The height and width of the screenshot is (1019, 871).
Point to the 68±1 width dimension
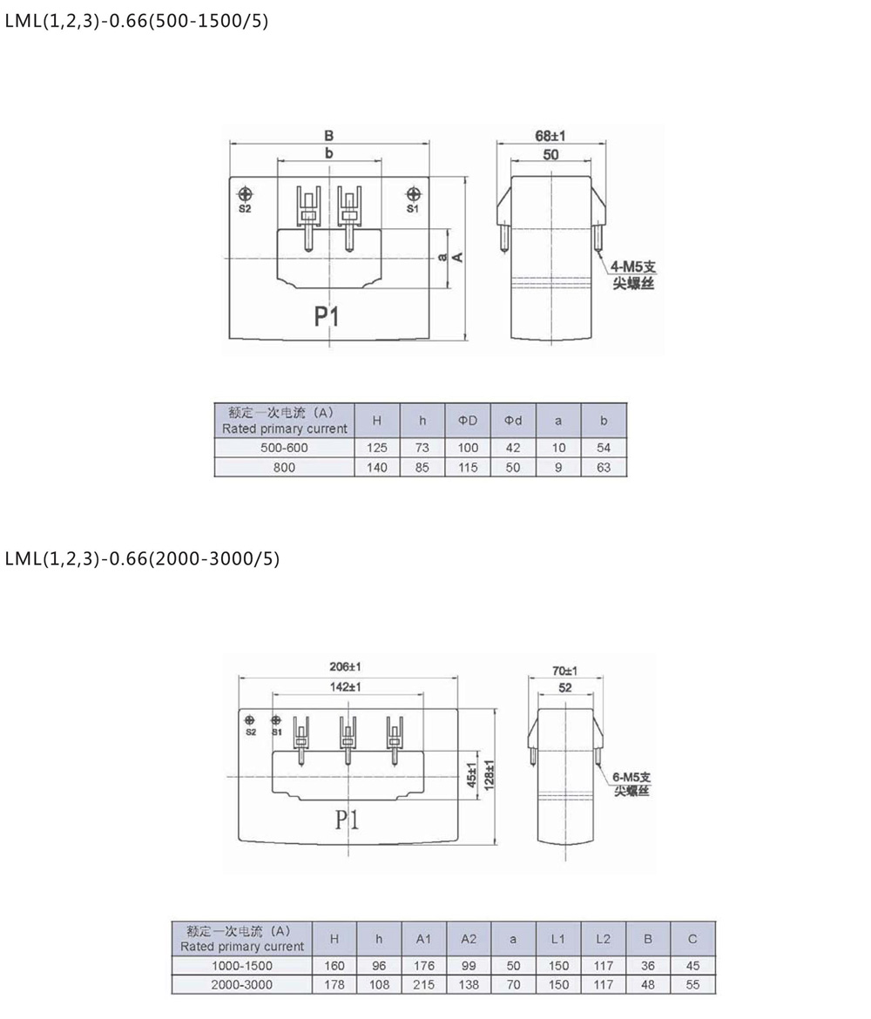[550, 135]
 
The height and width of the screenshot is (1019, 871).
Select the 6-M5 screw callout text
[631, 784]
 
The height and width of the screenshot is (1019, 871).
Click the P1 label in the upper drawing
[327, 316]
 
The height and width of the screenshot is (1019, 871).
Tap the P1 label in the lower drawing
[348, 820]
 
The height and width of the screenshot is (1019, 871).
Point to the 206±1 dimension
[345, 666]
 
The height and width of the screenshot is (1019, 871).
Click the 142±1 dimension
[345, 686]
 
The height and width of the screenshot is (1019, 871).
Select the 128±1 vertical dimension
[490, 774]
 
